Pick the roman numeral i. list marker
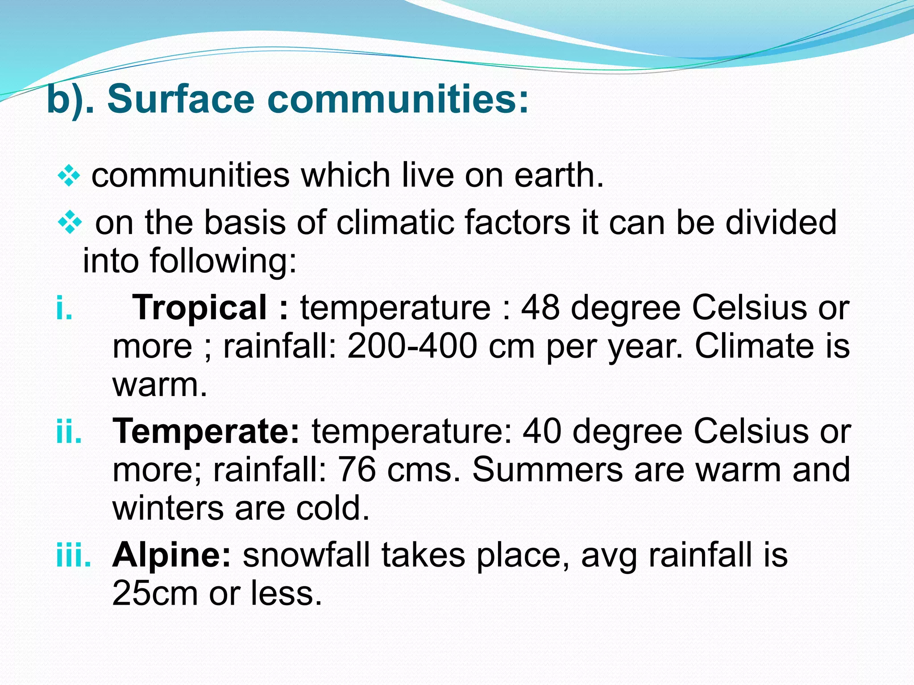64,308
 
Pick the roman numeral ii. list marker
69,431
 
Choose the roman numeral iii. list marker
73,555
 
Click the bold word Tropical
199,308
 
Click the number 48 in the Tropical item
540,308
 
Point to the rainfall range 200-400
412,346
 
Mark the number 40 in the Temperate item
542,431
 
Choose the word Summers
547,470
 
